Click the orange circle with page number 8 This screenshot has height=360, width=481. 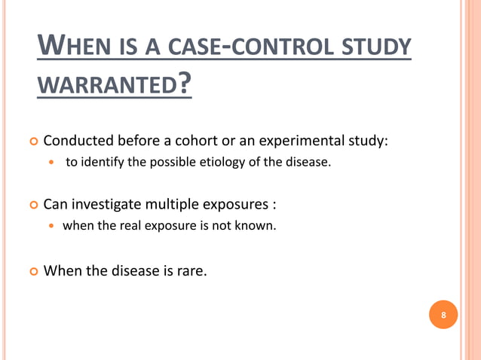443,315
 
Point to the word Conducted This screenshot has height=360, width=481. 78,141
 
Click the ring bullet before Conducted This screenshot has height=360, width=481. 31,142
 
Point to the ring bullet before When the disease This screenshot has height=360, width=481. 31,270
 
